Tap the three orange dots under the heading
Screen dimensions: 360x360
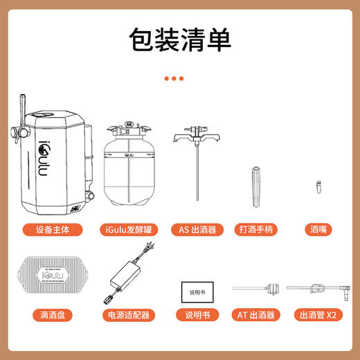pos(174,79)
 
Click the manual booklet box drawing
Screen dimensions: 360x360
pos(197,291)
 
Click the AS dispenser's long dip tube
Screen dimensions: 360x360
pos(197,187)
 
